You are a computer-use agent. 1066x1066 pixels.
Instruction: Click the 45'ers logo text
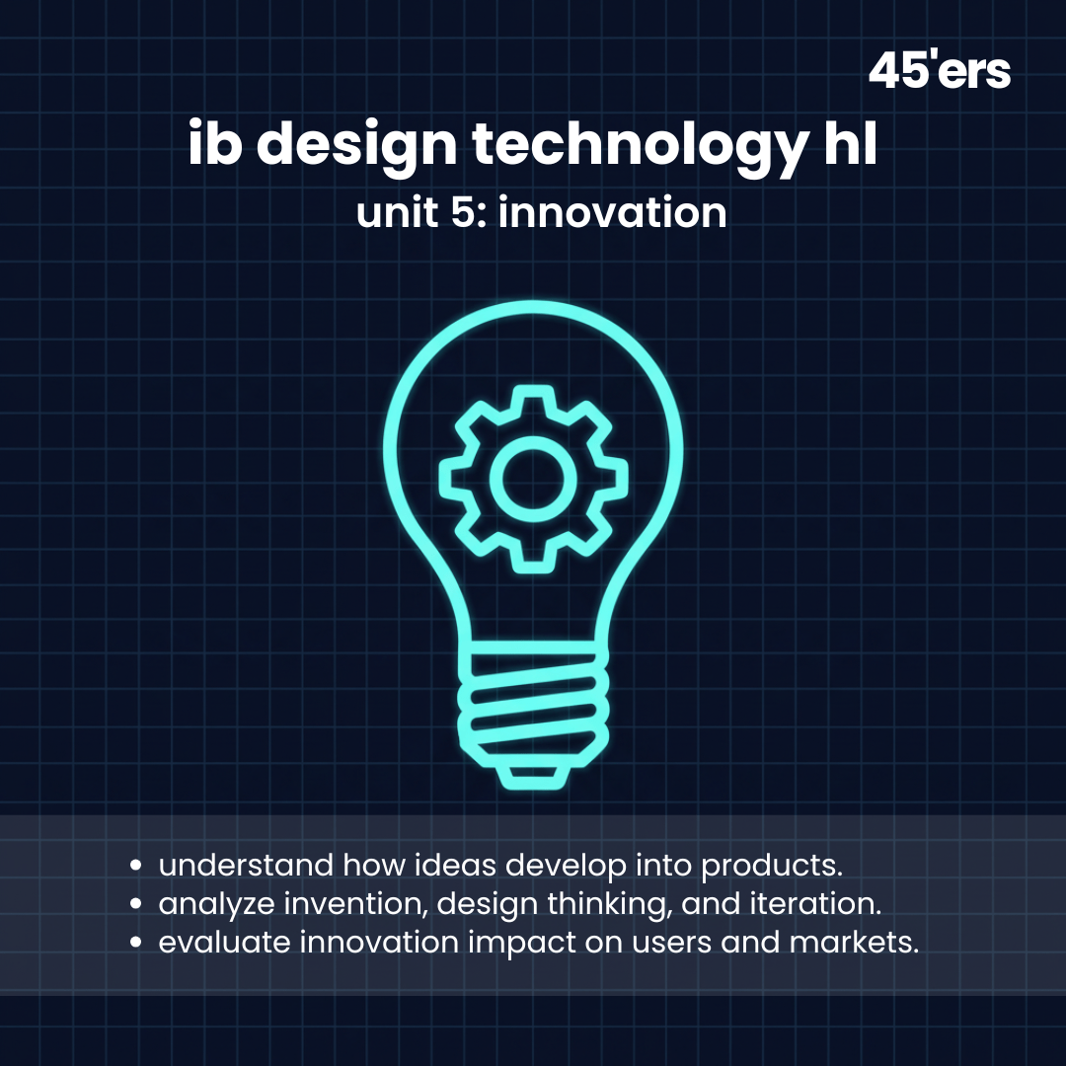939,71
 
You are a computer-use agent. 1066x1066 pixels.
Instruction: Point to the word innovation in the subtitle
612,212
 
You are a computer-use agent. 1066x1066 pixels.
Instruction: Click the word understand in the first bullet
246,866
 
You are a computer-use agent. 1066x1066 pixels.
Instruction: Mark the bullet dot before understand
138,867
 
